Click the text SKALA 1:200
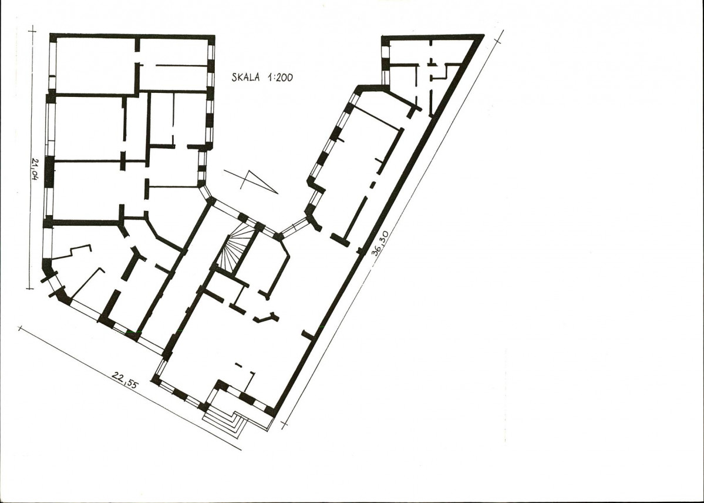[262, 77]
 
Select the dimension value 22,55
[125, 379]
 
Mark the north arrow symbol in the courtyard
[251, 182]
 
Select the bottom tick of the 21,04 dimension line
[29, 289]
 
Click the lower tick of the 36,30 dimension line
[284, 424]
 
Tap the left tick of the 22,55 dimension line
[19, 328]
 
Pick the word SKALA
[245, 77]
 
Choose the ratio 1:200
[280, 77]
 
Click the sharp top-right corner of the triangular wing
[483, 35]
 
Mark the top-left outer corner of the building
[50, 34]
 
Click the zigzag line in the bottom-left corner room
[72, 252]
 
